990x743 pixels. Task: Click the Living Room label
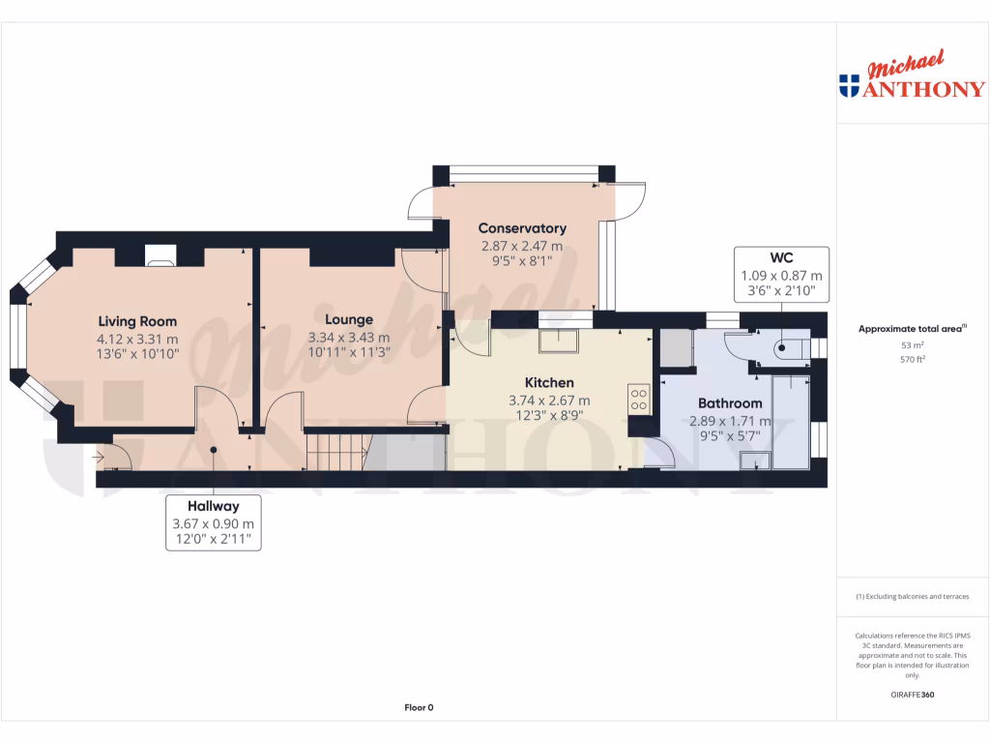coord(137,321)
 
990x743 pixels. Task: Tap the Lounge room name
coord(349,319)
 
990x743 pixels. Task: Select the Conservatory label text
coord(522,228)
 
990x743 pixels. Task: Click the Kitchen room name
coord(549,383)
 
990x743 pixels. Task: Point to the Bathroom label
coord(731,403)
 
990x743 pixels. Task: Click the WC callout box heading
coord(781,257)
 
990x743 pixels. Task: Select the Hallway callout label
coord(213,505)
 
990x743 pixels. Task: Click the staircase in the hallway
coord(337,452)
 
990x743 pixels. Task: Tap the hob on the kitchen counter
coord(639,399)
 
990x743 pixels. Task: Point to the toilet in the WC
coord(785,350)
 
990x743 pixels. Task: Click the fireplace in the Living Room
coord(160,255)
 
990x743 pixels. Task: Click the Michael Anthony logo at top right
coord(912,77)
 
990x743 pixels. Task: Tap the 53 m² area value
coord(912,344)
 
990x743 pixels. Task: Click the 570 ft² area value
coord(912,359)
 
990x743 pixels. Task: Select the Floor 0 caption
coord(419,707)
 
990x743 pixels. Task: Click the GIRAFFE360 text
coord(912,695)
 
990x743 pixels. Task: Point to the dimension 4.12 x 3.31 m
coord(137,339)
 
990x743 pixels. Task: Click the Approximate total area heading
coord(912,329)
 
